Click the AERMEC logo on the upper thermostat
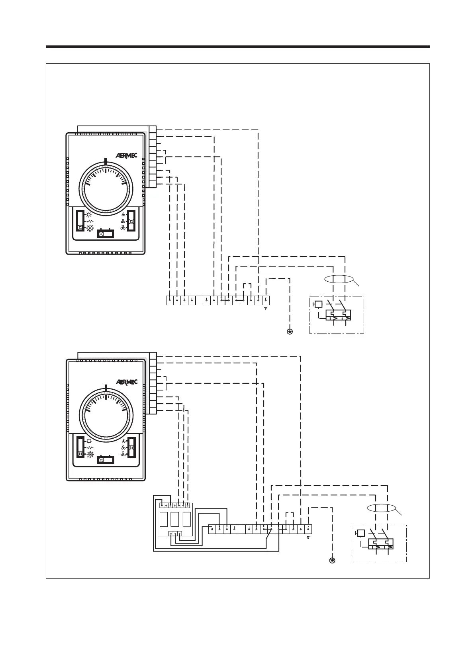[x=127, y=155]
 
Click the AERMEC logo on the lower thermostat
[x=127, y=382]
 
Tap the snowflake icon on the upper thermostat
[x=90, y=228]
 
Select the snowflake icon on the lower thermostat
[x=90, y=454]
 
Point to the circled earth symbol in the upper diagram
[x=290, y=332]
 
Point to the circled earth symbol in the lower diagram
[x=332, y=561]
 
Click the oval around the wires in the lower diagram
[x=381, y=508]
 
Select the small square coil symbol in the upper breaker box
[x=318, y=304]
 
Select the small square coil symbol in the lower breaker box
[x=361, y=533]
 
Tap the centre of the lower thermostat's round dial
[x=106, y=413]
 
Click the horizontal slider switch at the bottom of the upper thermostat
[x=106, y=233]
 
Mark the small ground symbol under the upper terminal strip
[x=266, y=308]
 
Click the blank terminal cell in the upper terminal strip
[x=199, y=300]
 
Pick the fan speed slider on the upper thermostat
[x=131, y=221]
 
